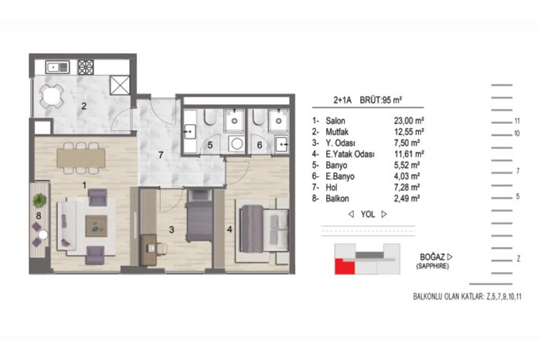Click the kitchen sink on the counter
(x=58, y=67)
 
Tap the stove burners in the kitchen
(x=86, y=67)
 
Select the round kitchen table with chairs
(x=52, y=96)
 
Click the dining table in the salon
(x=81, y=158)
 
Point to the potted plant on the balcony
(x=39, y=200)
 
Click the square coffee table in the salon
(x=97, y=226)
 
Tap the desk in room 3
(x=148, y=250)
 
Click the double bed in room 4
(x=264, y=228)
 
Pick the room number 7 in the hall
(x=161, y=155)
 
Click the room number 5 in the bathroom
(x=210, y=145)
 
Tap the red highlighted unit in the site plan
(x=344, y=267)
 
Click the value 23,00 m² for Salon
(x=409, y=121)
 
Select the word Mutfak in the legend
(x=337, y=132)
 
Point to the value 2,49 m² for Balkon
(x=407, y=199)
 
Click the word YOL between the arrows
(x=368, y=214)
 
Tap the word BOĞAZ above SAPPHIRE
(x=432, y=257)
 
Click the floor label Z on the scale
(x=518, y=259)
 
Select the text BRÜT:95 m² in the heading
(x=381, y=100)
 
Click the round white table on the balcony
(x=43, y=235)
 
